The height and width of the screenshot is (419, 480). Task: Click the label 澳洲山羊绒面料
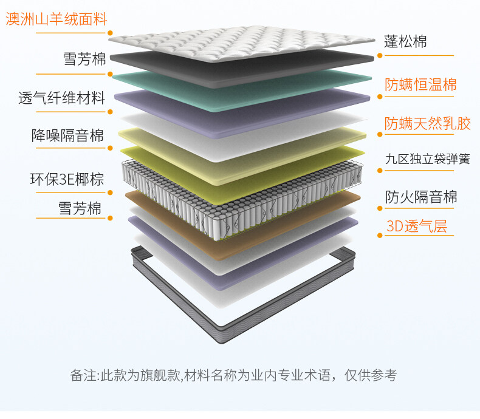click(x=56, y=19)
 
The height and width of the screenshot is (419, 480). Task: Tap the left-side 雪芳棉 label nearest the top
click(x=84, y=60)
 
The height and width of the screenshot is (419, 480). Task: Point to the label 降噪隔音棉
click(x=67, y=135)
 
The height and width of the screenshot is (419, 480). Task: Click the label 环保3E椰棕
click(x=67, y=179)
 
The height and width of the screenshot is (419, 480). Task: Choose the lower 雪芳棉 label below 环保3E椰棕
click(x=80, y=208)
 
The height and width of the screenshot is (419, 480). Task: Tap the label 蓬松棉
click(x=405, y=41)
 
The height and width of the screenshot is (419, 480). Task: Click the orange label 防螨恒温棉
click(x=420, y=84)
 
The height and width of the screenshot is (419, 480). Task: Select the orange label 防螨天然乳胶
click(x=428, y=124)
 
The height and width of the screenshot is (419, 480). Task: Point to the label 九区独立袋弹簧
click(x=428, y=159)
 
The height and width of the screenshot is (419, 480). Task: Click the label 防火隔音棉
click(x=421, y=197)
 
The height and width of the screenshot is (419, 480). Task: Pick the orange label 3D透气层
click(x=416, y=227)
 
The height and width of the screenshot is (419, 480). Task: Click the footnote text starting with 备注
click(x=233, y=375)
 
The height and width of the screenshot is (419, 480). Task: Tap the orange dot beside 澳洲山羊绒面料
click(x=111, y=33)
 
